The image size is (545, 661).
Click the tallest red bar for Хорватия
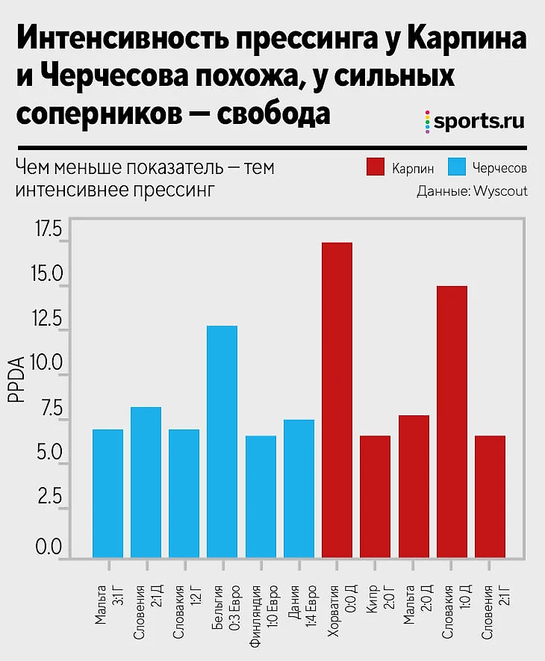(337, 400)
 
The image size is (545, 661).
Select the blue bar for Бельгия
(222, 441)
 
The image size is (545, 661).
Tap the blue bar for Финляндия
(261, 496)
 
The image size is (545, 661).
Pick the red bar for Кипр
(375, 496)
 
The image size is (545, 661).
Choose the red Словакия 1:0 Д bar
(452, 421)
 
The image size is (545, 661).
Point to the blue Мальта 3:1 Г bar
(108, 493)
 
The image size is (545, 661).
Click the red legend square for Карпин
(376, 167)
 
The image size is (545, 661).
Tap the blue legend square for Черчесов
(458, 167)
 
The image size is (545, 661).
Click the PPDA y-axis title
(16, 380)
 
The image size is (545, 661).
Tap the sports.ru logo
(473, 121)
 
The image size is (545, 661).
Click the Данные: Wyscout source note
(472, 191)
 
